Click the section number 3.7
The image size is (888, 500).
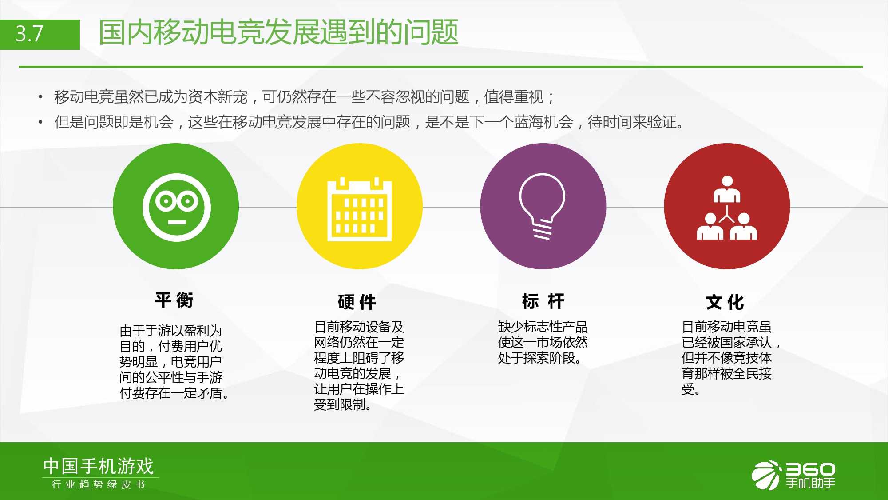tap(29, 34)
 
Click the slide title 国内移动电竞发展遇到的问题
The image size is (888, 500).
tap(278, 32)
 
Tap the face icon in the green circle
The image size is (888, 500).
tap(177, 208)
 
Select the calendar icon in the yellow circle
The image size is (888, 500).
tap(359, 209)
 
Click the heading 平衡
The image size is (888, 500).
tap(174, 300)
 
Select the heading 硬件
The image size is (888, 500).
tap(357, 302)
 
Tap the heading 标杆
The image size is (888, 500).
tap(543, 301)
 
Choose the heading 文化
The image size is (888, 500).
tap(725, 302)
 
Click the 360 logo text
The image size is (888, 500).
tap(810, 469)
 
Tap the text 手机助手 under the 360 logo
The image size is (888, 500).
tap(810, 483)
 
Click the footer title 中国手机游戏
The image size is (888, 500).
tap(99, 466)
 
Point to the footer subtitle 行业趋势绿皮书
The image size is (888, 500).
tap(99, 484)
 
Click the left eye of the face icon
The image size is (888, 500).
tap(165, 201)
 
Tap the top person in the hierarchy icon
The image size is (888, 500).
tap(727, 189)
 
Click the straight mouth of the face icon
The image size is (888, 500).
tap(177, 222)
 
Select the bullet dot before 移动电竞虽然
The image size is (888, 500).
tap(40, 97)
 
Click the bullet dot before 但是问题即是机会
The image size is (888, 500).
tap(40, 122)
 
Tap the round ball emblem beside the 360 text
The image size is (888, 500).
tap(766, 475)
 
